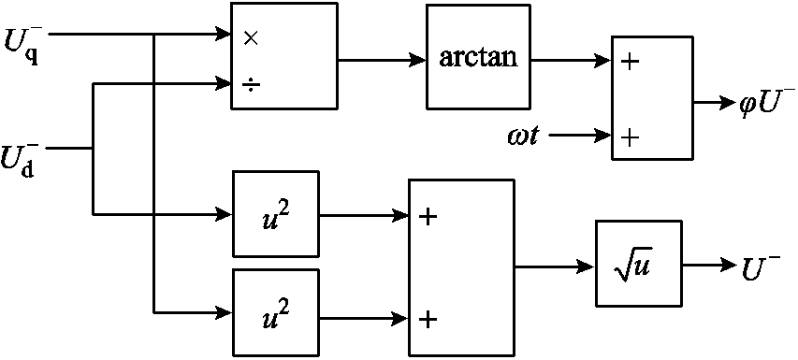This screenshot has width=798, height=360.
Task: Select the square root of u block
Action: click(633, 267)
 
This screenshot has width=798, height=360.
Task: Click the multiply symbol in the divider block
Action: click(250, 38)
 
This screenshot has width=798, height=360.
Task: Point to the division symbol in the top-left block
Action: click(250, 84)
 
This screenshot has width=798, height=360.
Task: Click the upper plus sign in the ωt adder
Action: click(630, 64)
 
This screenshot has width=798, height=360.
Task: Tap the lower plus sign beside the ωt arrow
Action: click(630, 137)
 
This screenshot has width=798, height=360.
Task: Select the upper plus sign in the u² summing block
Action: click(428, 217)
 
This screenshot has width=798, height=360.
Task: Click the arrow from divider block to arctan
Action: click(382, 61)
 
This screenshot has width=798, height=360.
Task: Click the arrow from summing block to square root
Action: click(555, 267)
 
